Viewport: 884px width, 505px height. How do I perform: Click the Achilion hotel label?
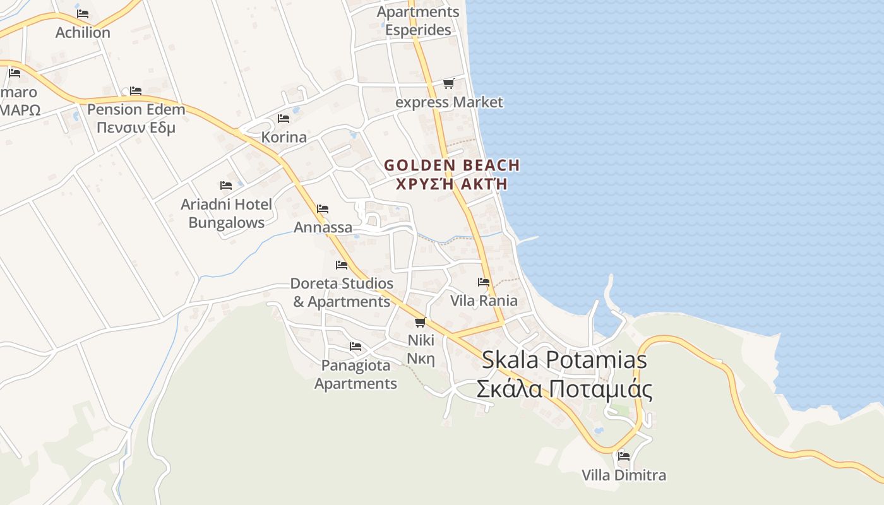point(83,32)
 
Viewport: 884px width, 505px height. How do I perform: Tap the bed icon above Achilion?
point(83,13)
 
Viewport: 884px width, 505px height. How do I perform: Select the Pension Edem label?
point(136,110)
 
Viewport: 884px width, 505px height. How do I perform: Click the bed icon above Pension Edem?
point(135,91)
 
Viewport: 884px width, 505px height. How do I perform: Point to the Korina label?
point(284,137)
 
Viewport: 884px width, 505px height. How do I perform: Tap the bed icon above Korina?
point(284,118)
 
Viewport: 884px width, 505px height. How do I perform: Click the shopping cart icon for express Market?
point(448,83)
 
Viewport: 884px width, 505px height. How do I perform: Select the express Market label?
point(449,102)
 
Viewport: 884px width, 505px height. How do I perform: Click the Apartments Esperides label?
point(418,21)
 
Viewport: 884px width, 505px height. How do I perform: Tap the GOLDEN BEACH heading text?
point(452,165)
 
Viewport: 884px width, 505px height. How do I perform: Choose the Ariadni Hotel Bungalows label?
point(226,213)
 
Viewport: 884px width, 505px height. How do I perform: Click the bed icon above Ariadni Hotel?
point(226,186)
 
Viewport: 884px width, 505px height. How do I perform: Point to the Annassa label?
point(323,227)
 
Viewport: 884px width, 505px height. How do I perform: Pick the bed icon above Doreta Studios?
point(342,265)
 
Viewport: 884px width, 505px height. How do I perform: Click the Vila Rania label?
point(484,300)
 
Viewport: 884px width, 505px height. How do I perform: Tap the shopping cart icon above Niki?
point(420,322)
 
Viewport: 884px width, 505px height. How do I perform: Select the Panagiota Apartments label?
point(355,374)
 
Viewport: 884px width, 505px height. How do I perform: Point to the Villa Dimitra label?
point(624,475)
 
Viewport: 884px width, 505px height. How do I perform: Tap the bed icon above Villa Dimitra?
point(624,456)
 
